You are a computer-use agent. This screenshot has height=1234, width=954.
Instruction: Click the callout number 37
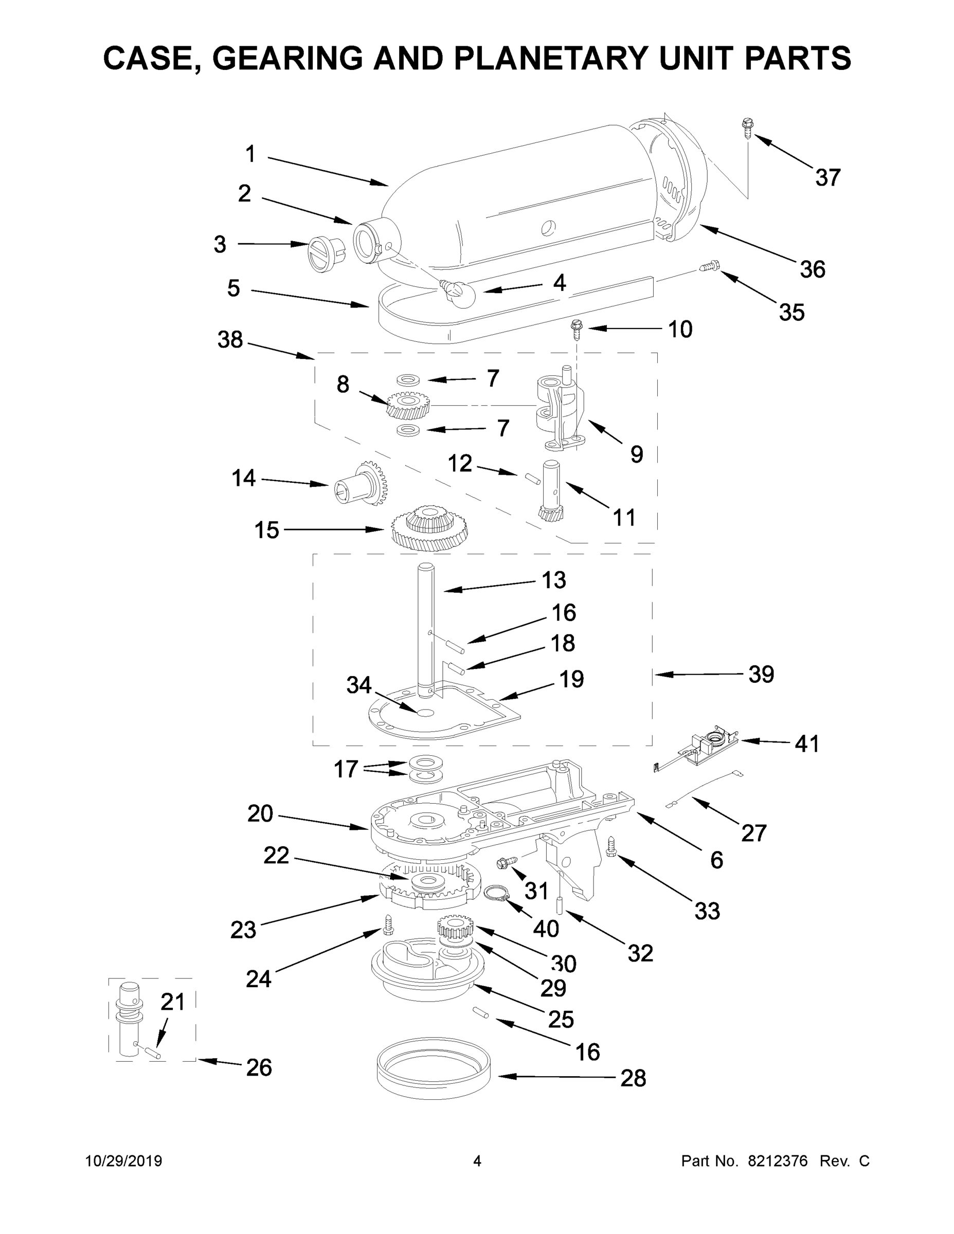(827, 177)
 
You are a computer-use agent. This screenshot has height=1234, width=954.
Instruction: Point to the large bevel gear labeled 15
(430, 527)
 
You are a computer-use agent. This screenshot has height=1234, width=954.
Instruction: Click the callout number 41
(806, 743)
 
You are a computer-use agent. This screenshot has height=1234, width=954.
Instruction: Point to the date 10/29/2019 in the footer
(124, 1161)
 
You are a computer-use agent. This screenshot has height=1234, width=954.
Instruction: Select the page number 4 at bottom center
(477, 1161)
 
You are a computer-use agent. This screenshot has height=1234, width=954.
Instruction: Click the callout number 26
(259, 1067)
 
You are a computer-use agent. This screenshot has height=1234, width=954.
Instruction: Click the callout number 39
(761, 674)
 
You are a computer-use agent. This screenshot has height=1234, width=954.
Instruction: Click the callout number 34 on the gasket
(358, 685)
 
